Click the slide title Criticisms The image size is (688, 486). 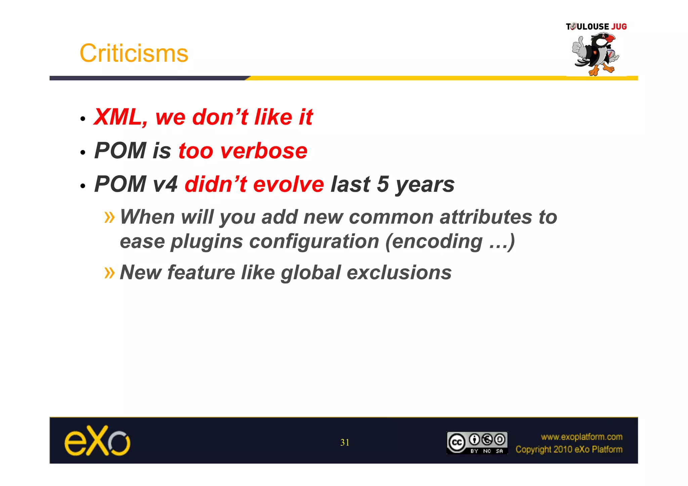[134, 53]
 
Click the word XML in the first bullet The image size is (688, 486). [118, 117]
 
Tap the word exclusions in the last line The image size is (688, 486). [399, 272]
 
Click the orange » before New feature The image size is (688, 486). [110, 272]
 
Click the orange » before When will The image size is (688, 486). [110, 217]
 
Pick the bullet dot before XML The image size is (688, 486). [83, 119]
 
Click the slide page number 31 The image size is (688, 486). [345, 443]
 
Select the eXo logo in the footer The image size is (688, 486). [97, 441]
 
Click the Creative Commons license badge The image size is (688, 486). [477, 443]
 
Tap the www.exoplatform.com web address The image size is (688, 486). [582, 437]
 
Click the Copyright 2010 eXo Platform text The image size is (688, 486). [569, 449]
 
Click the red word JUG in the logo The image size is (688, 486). [619, 27]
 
